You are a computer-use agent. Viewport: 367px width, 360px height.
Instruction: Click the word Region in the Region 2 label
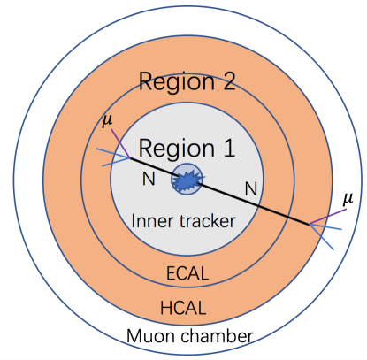point(170,84)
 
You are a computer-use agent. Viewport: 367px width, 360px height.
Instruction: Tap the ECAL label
point(187,273)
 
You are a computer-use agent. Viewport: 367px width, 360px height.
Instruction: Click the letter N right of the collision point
point(251,188)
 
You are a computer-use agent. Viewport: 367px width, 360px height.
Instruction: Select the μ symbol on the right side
point(347,198)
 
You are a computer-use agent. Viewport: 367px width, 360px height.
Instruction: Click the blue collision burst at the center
point(187,180)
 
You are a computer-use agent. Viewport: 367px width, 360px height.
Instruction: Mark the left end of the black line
point(129,159)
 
